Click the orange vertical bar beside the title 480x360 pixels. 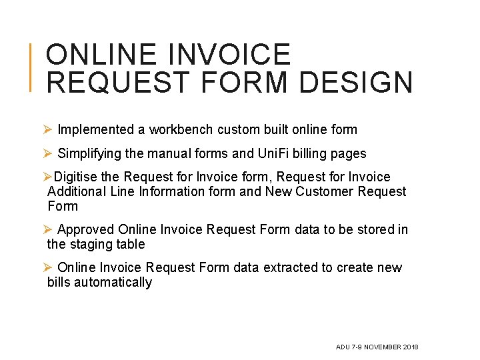tap(31, 67)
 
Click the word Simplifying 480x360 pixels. tap(89, 153)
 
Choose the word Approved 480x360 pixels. tap(86, 229)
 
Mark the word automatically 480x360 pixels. tap(113, 282)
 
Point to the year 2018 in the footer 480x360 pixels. tap(411, 347)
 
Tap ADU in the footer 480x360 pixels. tap(343, 347)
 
